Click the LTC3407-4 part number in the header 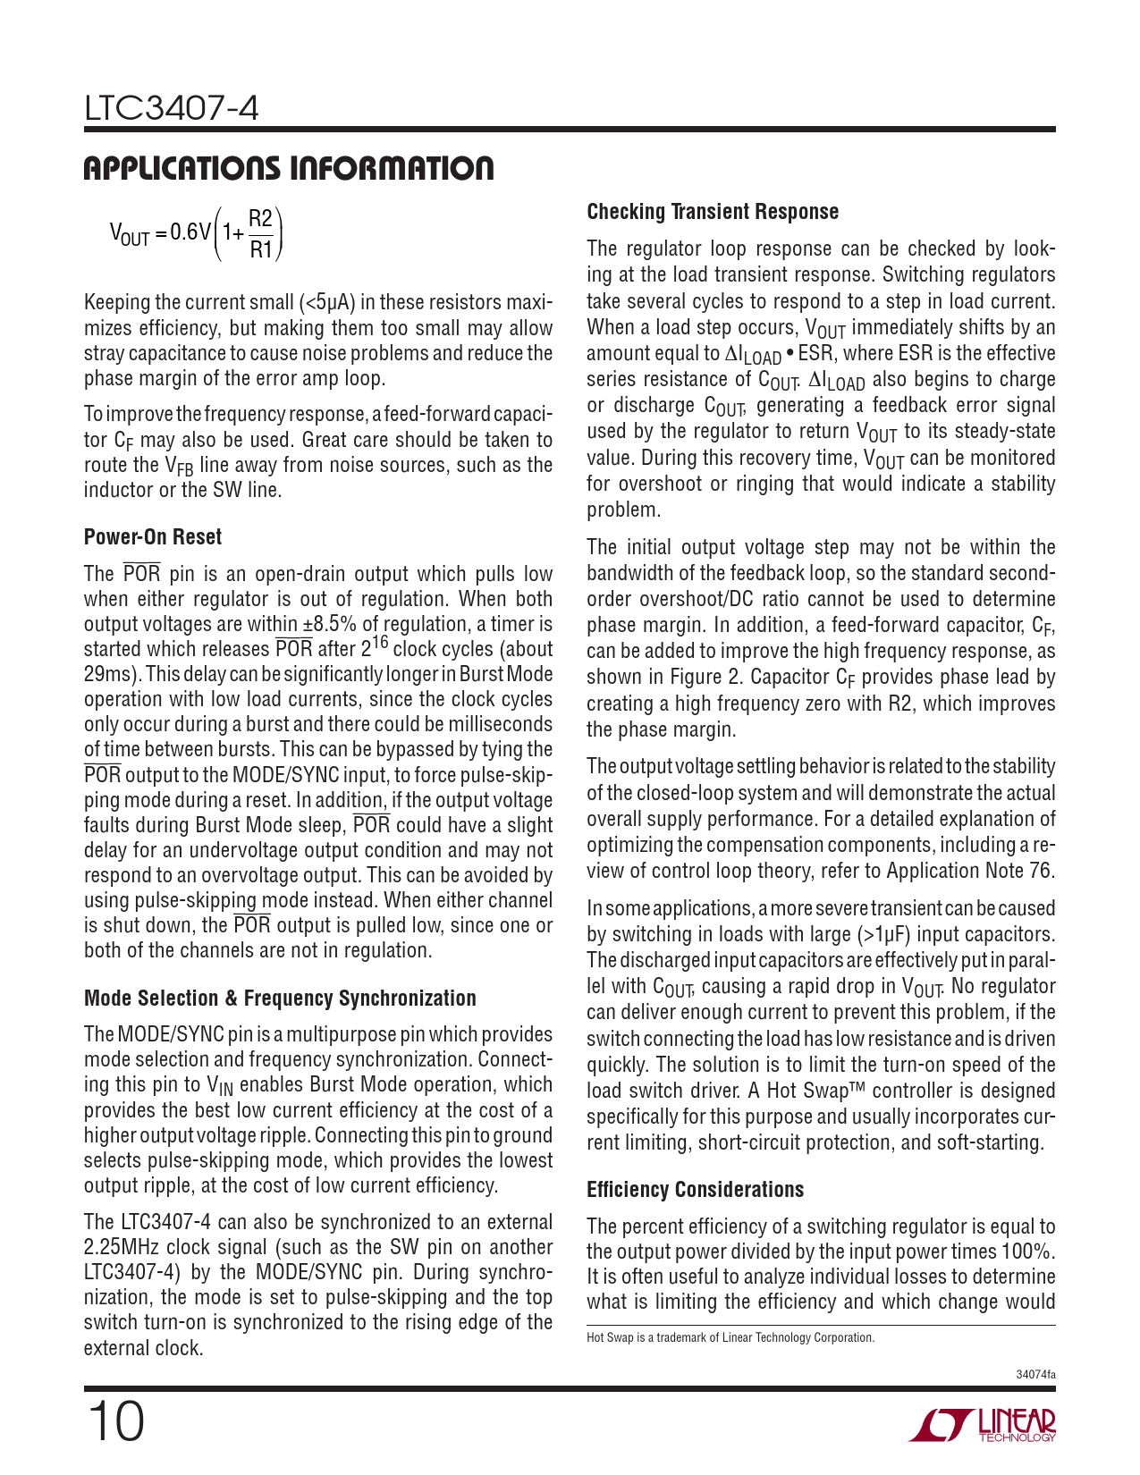coord(172,109)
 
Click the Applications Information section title coord(288,168)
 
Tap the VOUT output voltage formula coord(197,233)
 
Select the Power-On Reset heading coord(153,537)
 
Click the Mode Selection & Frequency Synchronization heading coord(280,998)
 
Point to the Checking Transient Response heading coord(713,212)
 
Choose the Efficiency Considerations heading coord(695,1190)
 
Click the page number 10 coord(114,1423)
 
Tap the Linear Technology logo coord(982,1425)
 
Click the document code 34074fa coord(1035,1374)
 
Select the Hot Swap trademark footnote coord(730,1338)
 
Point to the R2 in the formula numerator coord(260,219)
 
